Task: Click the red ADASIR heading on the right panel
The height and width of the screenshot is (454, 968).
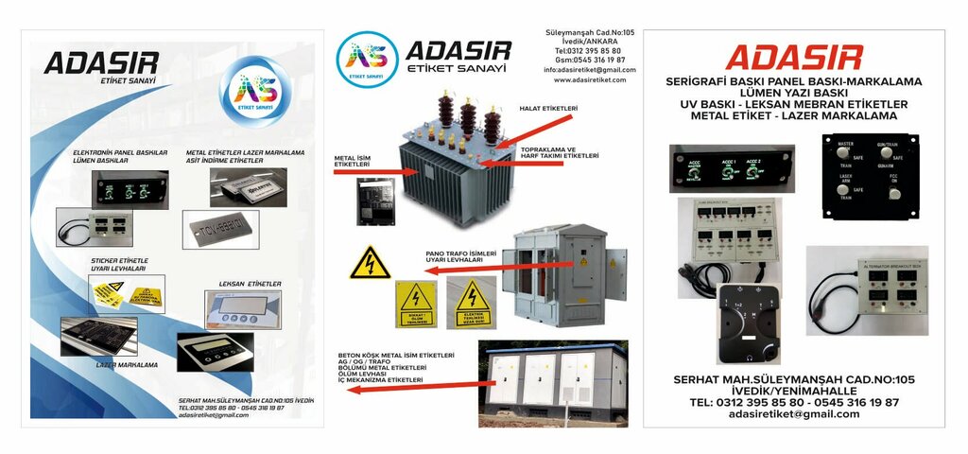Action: (x=793, y=57)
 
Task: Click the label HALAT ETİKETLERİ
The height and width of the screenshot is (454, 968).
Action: (x=549, y=110)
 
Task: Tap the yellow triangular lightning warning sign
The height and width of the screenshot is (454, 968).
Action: (x=370, y=264)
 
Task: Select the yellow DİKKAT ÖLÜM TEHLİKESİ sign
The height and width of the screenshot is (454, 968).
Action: (x=416, y=304)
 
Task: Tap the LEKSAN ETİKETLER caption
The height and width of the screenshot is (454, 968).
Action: (x=250, y=283)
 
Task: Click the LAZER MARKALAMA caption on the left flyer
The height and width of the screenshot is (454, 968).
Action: (x=127, y=364)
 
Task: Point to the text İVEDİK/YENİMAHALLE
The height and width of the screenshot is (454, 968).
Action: (x=793, y=391)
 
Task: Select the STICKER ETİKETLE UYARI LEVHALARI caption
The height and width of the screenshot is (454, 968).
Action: (x=119, y=265)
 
